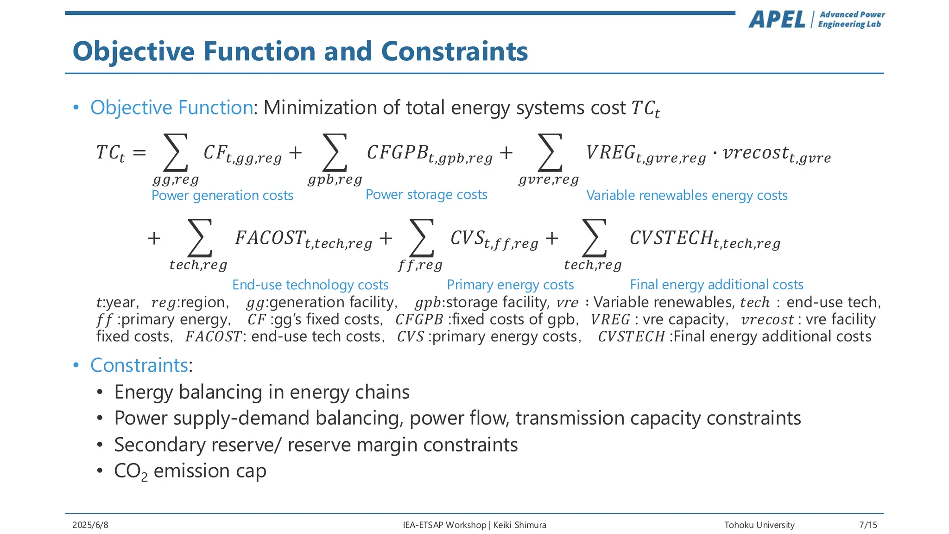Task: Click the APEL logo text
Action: [777, 20]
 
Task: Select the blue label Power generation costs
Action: [222, 196]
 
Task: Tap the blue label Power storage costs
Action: [426, 195]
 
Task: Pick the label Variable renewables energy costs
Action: [687, 196]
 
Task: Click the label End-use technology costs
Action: [310, 285]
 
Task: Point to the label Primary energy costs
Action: [510, 285]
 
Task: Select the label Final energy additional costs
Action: [716, 285]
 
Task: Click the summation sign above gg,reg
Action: [176, 153]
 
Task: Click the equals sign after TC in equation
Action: [139, 153]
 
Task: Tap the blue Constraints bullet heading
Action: [139, 365]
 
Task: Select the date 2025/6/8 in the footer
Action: [90, 525]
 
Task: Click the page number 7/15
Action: [868, 525]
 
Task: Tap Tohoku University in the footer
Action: [759, 525]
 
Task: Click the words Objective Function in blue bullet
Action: [171, 108]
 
